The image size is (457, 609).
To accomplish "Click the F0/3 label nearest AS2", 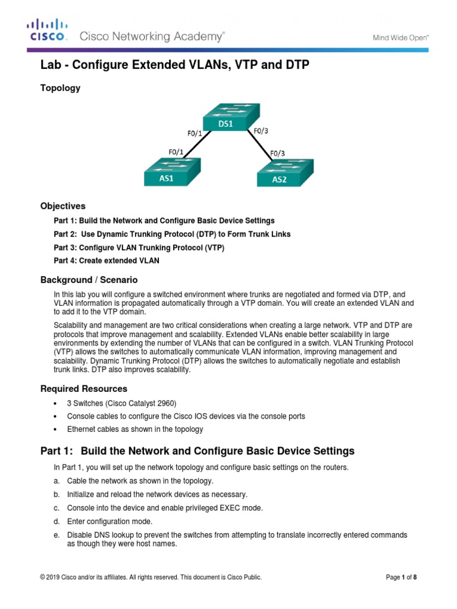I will pyautogui.click(x=278, y=153).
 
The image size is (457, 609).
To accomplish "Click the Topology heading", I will pyautogui.click(x=60, y=88).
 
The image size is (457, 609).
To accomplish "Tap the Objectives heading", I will pyautogui.click(x=62, y=206).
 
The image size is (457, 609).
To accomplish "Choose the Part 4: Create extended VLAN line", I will pyautogui.click(x=107, y=260).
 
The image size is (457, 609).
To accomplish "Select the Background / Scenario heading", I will pyautogui.click(x=89, y=280).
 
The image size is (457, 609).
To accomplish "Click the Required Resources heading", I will pyautogui.click(x=83, y=389).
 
